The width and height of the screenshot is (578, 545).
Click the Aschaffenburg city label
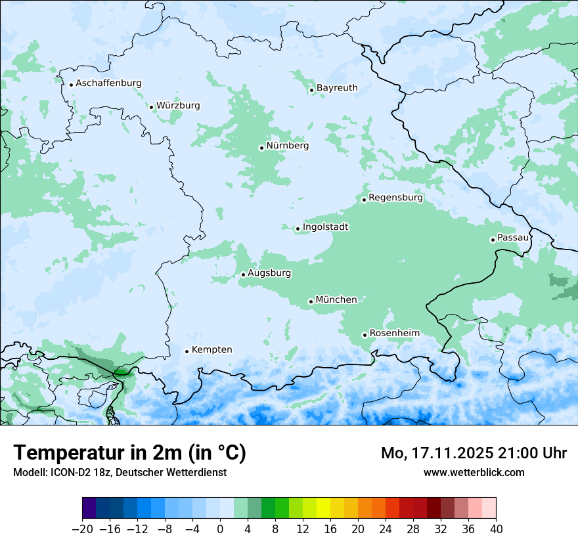[108, 83]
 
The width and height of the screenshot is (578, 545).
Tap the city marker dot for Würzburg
[151, 107]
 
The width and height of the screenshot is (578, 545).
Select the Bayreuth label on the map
[337, 88]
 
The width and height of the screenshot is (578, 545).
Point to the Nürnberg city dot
[261, 148]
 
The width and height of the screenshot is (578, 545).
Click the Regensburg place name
[395, 198]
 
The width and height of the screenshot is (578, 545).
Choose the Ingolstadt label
[325, 227]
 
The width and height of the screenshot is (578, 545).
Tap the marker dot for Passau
[493, 240]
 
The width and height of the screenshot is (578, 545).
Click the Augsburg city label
[269, 273]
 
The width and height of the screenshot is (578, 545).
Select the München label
[336, 300]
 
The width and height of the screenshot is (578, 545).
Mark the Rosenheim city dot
[365, 336]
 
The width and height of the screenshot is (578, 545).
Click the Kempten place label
[211, 350]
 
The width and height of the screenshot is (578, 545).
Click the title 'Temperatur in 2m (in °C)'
[129, 453]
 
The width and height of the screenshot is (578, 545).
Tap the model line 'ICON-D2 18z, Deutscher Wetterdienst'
[120, 473]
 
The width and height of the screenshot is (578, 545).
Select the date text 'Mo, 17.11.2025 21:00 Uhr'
[474, 454]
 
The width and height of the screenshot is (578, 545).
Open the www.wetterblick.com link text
[474, 473]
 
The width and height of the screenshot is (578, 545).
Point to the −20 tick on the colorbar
[83, 529]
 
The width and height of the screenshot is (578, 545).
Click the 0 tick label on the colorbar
[220, 529]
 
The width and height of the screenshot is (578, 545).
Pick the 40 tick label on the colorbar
[496, 529]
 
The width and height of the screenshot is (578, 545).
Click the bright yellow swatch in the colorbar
[323, 508]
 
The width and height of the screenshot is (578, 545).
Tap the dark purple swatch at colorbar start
[89, 508]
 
